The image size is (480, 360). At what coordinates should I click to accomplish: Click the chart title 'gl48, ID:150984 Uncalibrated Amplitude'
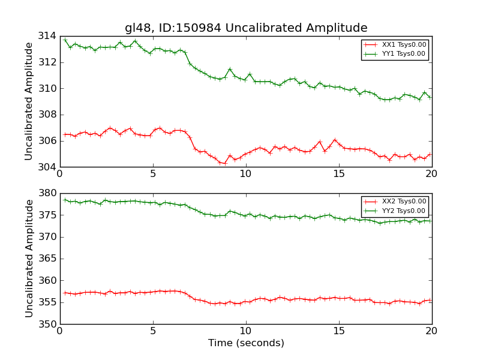coord(246,28)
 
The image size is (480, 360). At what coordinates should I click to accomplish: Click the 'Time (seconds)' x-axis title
coord(246,343)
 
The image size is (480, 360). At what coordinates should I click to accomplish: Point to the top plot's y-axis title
coord(29,101)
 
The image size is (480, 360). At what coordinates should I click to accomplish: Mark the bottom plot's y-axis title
coord(29,258)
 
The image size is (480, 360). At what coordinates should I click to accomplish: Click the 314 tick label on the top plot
coord(47,36)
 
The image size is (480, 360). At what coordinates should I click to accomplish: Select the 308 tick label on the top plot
coord(47,115)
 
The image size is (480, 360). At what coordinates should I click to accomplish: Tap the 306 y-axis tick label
coord(47,141)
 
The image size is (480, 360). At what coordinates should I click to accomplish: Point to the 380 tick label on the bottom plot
coord(47,193)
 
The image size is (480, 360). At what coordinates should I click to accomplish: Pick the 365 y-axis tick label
coord(47,259)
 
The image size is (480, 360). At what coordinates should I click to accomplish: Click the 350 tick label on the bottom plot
coord(47,324)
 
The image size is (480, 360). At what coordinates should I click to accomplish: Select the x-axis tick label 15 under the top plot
coord(339,174)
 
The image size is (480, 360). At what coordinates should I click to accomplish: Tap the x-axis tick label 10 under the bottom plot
coord(246,331)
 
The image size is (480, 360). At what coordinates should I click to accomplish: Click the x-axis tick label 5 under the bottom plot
coord(153,331)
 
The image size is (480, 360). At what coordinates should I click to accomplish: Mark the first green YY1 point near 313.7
coord(65,40)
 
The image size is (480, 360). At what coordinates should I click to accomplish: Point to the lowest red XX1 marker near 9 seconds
coord(225,163)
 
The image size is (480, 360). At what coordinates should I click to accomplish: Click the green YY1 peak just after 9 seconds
coord(230,69)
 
